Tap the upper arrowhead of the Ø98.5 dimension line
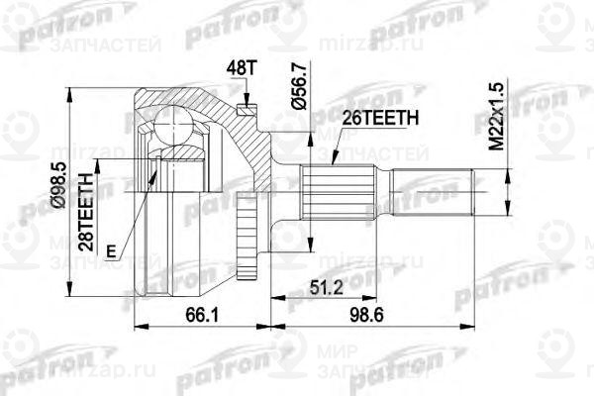click(x=68, y=89)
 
